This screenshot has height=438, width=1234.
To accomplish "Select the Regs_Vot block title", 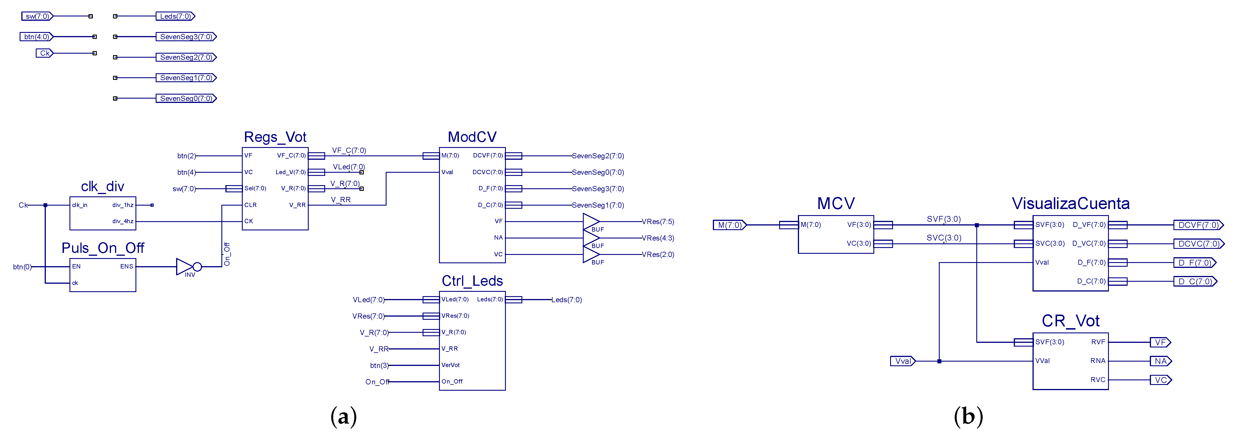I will click(x=275, y=137).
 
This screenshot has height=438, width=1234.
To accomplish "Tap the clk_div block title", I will click(x=103, y=186).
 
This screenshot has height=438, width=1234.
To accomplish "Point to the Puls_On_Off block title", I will click(x=103, y=248).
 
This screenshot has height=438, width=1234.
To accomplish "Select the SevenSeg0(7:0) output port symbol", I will click(x=186, y=98).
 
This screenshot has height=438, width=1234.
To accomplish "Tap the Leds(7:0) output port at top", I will click(x=175, y=16).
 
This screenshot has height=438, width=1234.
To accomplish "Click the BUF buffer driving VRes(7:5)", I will click(x=591, y=222).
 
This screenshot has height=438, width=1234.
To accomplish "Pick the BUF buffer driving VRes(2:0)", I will click(x=591, y=254).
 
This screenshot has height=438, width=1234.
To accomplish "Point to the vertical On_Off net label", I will click(x=227, y=254).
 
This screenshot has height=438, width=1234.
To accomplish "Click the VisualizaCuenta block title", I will click(x=1070, y=204).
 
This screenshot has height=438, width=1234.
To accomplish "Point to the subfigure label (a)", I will click(x=344, y=416).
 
